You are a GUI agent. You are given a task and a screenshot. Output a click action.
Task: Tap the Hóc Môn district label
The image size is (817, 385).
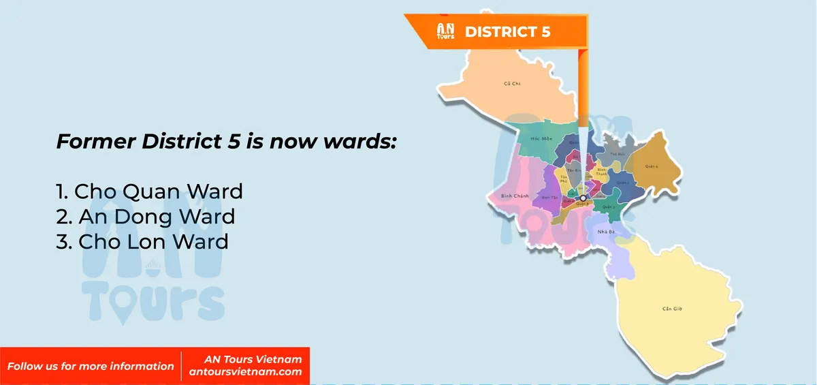click(530, 138)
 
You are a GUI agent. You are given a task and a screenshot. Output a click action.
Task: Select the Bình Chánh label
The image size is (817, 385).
click(514, 196)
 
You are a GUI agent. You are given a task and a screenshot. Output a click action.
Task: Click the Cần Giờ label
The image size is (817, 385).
click(672, 309)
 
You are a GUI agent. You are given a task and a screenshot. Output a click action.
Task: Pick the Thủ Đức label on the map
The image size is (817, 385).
click(617, 154)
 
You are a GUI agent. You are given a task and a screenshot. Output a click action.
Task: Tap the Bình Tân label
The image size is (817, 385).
click(549, 197)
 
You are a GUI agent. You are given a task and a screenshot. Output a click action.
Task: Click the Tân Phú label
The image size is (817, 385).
click(564, 179)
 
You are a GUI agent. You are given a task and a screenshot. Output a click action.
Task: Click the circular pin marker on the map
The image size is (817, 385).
click(583, 198)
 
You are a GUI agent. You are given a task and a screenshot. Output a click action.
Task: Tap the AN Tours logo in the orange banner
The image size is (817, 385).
click(445, 31)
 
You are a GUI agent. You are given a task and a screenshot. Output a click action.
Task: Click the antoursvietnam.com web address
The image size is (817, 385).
click(246, 372)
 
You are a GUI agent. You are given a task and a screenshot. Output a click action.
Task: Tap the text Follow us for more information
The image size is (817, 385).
click(91, 366)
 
